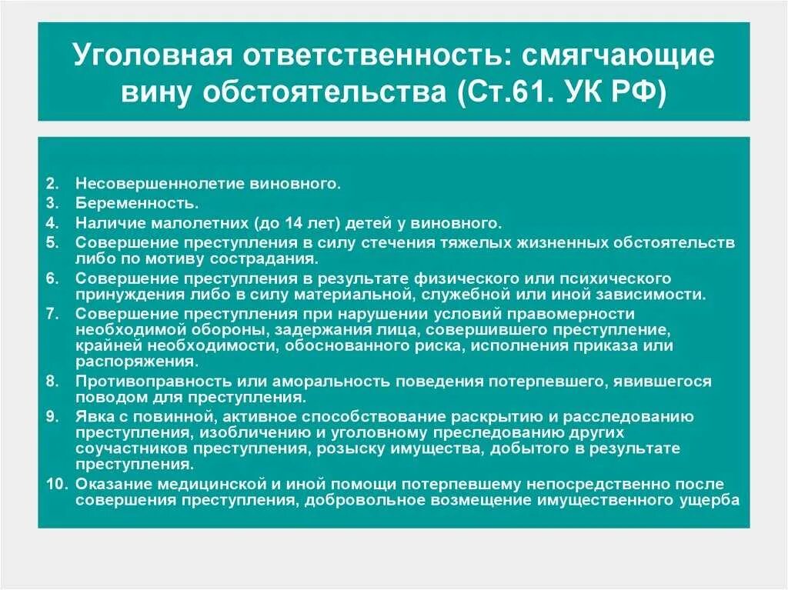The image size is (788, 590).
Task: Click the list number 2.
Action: point(52,185)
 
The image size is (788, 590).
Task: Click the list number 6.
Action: point(52,278)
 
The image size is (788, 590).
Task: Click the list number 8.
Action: point(52,382)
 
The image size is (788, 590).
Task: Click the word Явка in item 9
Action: point(92,417)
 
